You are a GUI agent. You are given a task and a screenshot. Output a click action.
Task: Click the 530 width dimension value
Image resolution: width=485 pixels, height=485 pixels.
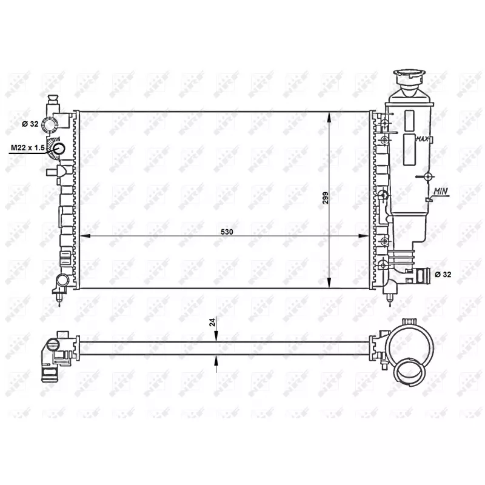tap(227, 232)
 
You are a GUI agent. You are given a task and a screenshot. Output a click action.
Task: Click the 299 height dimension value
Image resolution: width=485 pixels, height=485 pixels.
tap(326, 198)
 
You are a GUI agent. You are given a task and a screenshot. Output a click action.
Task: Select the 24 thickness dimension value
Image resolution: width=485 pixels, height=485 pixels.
tap(212, 323)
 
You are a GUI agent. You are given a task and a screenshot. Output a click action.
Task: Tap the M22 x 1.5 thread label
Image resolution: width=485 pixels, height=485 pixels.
tap(28, 148)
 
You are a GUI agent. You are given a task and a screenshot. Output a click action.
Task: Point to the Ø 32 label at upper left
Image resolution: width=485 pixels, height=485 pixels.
tap(30, 124)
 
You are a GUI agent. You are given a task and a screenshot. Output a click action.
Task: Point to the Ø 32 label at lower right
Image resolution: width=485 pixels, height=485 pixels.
tap(443, 275)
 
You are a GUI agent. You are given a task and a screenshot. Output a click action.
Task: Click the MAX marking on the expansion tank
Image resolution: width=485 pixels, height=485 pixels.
tap(422, 139)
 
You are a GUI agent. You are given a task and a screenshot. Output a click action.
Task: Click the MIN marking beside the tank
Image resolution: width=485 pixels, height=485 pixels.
tap(441, 192)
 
